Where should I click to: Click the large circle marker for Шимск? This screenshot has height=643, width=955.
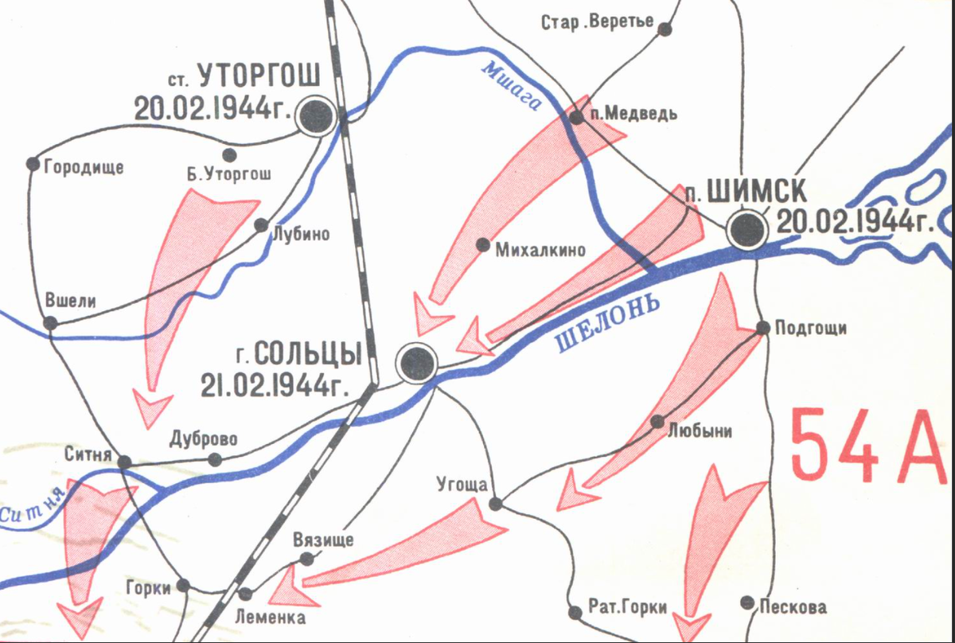pos(748,232)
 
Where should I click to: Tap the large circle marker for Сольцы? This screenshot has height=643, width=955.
pos(418,364)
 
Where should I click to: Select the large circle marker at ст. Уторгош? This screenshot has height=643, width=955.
pos(316,118)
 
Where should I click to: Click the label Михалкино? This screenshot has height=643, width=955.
pos(540,250)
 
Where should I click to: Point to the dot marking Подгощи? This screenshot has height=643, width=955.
pos(762,327)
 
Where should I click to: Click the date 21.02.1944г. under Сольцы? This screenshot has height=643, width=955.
pos(276,386)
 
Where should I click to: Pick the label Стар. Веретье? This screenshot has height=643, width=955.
pos(598,22)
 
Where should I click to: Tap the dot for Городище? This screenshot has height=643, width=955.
pos(33,164)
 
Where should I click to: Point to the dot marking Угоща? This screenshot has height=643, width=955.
pos(495,504)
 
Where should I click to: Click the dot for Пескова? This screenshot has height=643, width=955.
pos(746,603)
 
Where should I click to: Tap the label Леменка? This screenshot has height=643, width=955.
pos(271,616)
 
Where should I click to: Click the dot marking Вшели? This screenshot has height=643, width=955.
pos(50,323)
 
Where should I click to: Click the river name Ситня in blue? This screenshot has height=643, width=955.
pos(32,509)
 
